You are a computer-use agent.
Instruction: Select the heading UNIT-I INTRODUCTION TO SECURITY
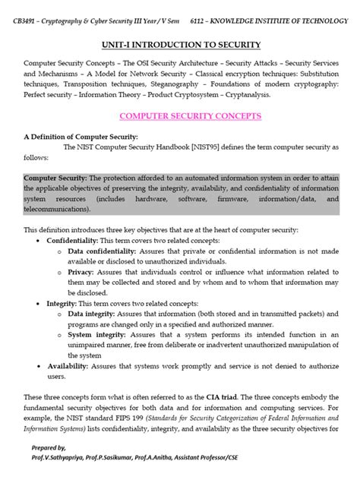click(180, 46)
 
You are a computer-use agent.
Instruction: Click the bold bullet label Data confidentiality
click(102, 250)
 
